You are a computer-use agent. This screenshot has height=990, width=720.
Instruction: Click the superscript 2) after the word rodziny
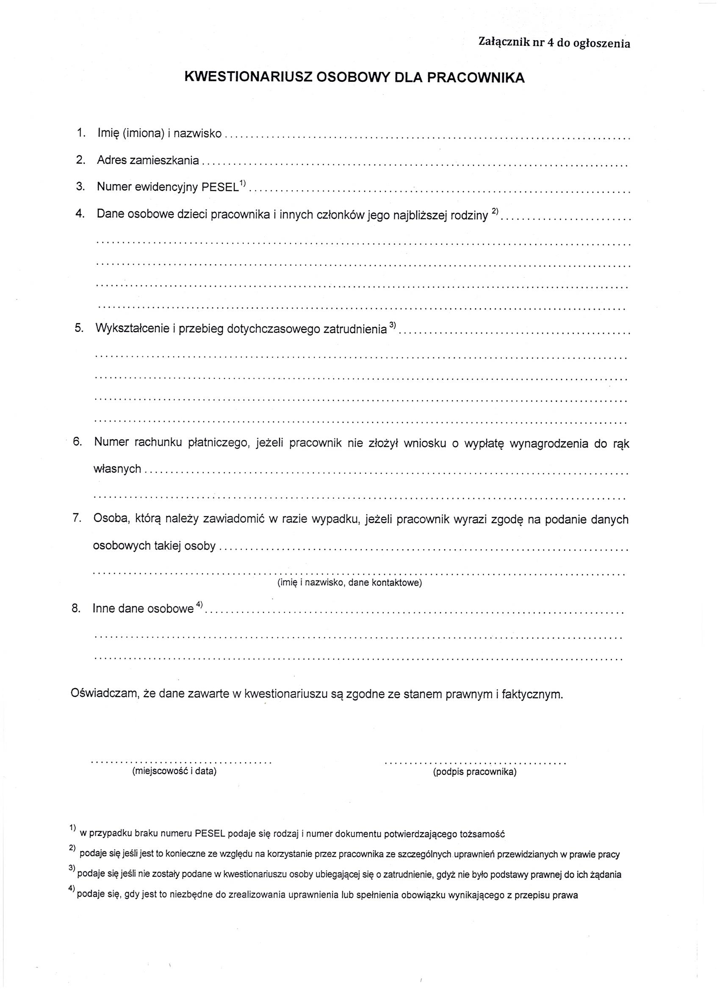point(495,211)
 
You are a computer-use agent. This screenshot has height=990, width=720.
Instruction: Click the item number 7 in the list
point(77,518)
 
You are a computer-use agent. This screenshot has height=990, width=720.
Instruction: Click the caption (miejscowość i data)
point(174,772)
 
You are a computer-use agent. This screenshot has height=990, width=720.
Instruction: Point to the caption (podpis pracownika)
point(474,772)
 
